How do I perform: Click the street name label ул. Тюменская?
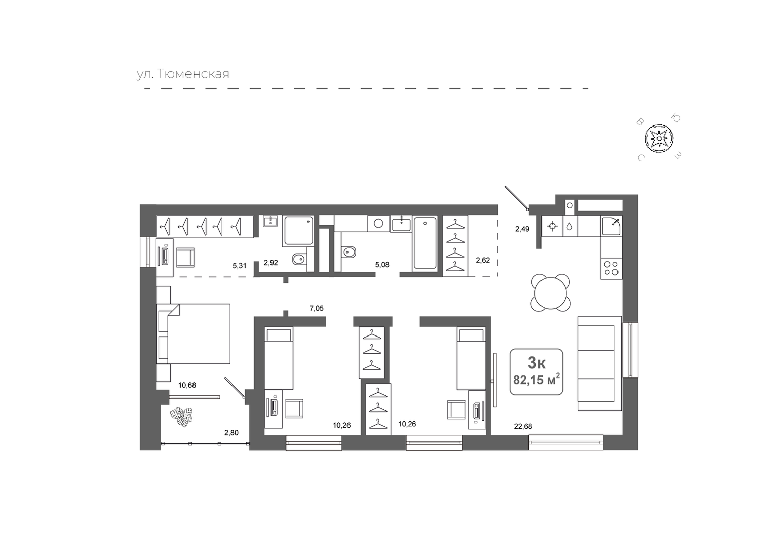pos(183,74)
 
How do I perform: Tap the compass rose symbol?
pos(659,139)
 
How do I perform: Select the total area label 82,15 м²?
pos(536,380)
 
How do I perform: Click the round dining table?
pos(551,291)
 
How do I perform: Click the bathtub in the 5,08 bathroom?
pos(425,242)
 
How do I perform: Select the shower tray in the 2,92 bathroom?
pos(298,231)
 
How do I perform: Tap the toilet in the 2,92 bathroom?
pos(299,259)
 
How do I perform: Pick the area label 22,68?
pos(523,426)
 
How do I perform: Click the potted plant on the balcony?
pos(181,417)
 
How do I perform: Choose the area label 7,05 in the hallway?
pos(317,308)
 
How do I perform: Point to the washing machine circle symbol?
pos(378,223)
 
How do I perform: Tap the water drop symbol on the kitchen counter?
pos(569,226)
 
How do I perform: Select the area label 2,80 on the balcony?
pos(231,433)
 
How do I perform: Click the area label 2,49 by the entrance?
pos(522,229)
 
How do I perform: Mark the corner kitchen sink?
pos(611,226)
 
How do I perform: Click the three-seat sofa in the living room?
pos(600,363)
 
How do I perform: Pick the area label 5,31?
pos(240,266)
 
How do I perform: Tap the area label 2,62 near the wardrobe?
pos(483,260)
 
